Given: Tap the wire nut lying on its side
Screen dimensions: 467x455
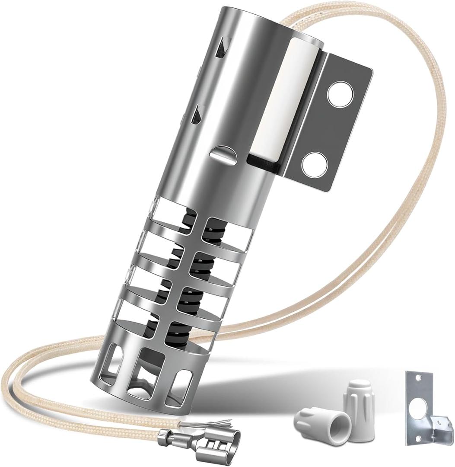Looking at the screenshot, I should [x=318, y=422].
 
